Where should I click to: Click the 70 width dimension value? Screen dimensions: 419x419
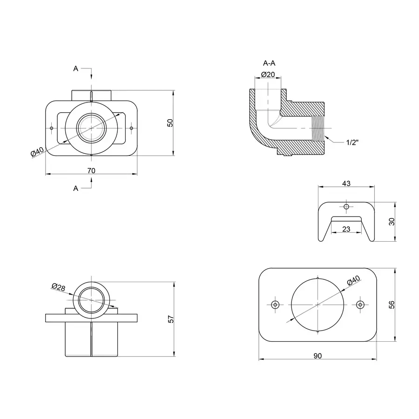91,171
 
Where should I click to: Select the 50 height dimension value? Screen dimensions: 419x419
170,123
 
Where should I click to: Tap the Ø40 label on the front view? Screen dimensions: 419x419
37,152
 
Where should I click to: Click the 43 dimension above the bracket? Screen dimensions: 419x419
346,183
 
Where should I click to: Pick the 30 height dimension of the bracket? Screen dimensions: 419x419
392,222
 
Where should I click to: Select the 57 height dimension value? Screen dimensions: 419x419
170,319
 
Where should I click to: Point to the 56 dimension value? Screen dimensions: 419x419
392,304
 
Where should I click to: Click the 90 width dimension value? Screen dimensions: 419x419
318,356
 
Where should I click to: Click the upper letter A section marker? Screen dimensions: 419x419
76,68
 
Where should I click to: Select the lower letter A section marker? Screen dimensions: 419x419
76,188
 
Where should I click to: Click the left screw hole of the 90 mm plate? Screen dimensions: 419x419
275,304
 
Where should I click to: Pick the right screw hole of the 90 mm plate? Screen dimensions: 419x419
359,304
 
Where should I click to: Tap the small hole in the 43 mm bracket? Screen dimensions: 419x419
346,206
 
